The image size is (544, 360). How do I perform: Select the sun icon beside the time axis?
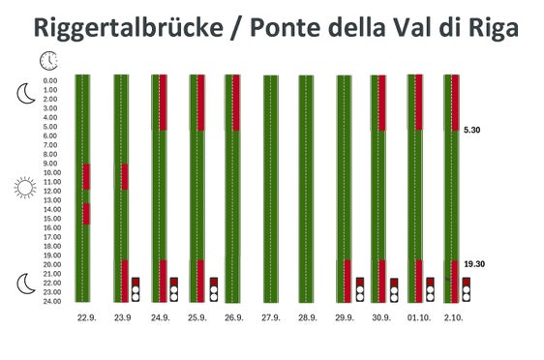25,187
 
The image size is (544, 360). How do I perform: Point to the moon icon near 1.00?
25,93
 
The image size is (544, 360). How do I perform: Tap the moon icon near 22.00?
25,283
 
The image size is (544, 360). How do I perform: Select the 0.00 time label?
57,80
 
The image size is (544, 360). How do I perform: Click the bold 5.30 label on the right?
473,130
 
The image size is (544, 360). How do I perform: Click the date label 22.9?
85,317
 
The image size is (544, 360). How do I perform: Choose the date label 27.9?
270,317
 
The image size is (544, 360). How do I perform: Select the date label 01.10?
417,317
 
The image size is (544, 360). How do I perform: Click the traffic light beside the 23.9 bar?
136,288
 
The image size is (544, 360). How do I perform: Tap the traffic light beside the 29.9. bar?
359,288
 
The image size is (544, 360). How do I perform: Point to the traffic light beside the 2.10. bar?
466,288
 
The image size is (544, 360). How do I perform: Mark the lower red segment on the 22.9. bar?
86,214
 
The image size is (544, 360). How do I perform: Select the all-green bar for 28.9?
307,189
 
